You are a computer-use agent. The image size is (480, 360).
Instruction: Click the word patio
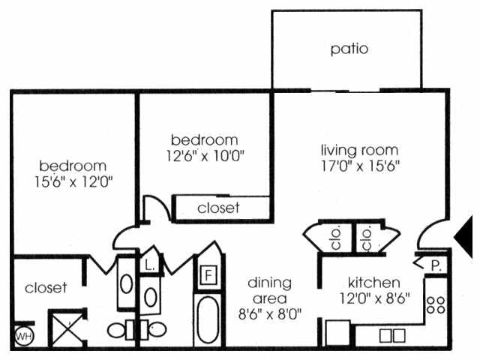349,49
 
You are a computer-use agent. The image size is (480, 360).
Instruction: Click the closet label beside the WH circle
46,287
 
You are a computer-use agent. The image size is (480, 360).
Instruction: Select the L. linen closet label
148,265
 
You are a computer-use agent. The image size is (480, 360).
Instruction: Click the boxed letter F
208,274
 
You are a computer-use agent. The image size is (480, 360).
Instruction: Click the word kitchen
372,283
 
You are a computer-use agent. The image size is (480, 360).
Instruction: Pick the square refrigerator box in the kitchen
334,331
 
